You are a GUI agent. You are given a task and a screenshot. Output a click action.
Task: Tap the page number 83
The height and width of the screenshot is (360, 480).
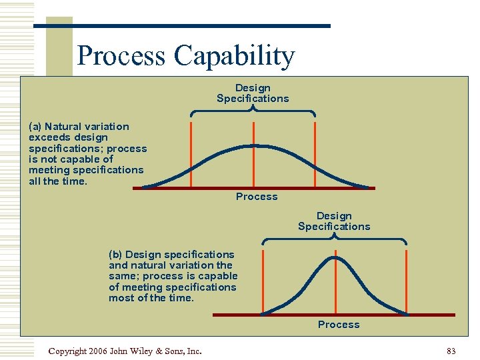(451, 351)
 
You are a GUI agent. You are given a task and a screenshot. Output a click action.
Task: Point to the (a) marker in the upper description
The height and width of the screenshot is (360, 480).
(35, 127)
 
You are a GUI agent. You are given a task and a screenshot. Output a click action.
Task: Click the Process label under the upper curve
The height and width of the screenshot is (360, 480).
(257, 197)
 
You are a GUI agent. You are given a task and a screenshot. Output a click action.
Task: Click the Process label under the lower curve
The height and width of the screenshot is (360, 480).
(339, 325)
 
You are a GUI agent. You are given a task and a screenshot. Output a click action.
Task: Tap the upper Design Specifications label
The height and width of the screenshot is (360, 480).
(253, 93)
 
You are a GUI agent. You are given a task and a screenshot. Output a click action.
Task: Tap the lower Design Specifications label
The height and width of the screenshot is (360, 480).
(334, 221)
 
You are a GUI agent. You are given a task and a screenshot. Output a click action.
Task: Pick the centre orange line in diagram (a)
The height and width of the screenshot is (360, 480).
(253, 160)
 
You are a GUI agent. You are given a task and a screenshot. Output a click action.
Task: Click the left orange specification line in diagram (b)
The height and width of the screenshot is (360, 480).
(263, 280)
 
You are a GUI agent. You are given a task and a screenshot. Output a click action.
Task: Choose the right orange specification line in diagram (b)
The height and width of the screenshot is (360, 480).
(406, 280)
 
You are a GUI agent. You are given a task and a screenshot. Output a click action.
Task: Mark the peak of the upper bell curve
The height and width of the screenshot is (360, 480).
(253, 145)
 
